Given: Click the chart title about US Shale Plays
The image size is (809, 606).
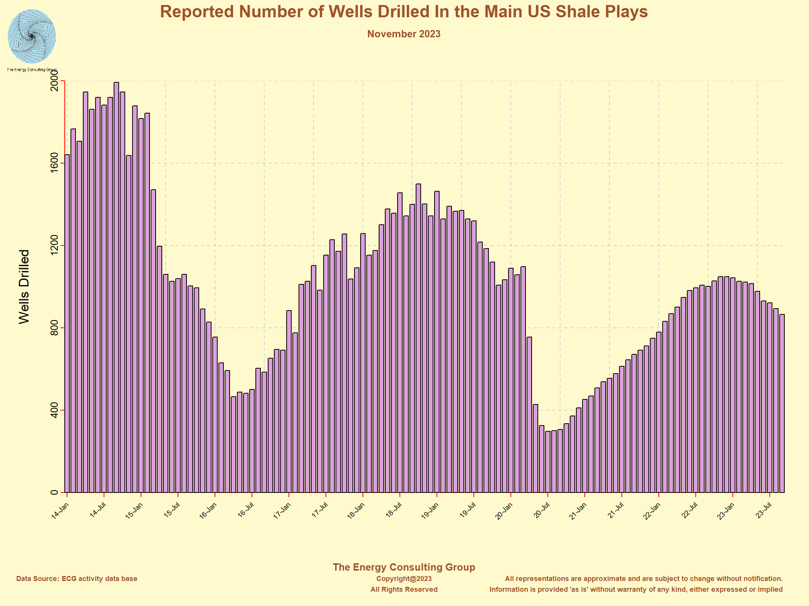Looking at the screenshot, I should point(404,12).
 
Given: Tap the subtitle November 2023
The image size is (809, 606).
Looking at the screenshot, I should point(404,34).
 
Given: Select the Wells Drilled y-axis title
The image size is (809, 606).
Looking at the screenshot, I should point(24,287).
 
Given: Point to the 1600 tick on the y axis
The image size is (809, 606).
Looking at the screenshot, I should point(54,163).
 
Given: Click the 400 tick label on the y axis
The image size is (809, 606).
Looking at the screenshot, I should point(54,410).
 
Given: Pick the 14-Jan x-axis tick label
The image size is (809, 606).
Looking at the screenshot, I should point(60,511).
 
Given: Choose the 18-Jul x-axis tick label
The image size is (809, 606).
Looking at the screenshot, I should point(393,511).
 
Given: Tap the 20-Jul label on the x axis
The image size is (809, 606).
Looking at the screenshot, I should point(541,511).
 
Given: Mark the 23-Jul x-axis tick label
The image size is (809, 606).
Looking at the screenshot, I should point(763,511).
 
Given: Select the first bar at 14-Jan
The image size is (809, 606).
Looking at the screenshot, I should point(67,323).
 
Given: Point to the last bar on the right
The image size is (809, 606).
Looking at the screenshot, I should point(782,404).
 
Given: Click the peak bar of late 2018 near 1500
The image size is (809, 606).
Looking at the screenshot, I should point(418,339).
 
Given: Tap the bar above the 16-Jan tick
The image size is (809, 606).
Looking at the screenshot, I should point(215,416).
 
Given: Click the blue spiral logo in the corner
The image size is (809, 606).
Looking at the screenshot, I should point(32,37).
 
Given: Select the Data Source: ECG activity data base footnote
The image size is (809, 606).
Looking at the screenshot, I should point(77,579).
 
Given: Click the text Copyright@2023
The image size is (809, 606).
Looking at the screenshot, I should point(404,579).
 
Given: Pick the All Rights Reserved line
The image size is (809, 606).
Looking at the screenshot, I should point(404,589).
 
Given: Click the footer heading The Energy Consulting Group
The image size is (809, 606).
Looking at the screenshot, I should point(404,567).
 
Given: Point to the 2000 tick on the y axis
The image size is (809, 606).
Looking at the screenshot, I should point(54,81).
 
